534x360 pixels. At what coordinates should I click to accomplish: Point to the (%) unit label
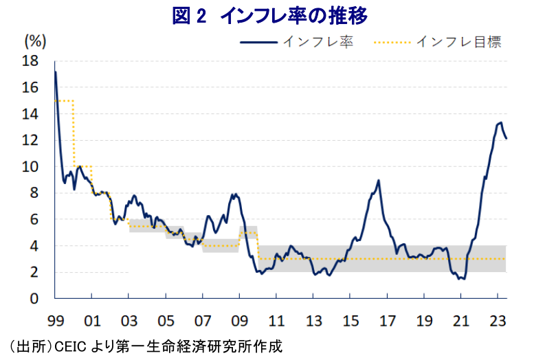click(x=35, y=41)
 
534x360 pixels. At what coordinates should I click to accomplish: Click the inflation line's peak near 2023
click(x=500, y=123)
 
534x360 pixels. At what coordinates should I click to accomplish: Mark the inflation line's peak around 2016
click(x=379, y=181)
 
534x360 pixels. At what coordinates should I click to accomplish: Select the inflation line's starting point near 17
click(x=56, y=72)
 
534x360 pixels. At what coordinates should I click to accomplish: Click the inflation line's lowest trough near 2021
click(x=464, y=278)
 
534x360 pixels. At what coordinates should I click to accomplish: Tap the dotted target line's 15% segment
click(x=64, y=101)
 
